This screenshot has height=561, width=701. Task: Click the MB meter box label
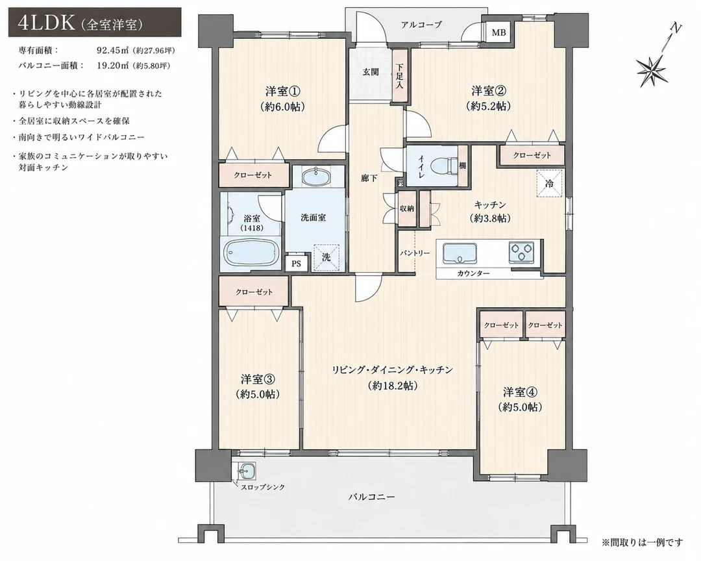[498, 32]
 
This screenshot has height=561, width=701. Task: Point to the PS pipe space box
[296, 264]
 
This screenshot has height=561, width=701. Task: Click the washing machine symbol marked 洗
[326, 257]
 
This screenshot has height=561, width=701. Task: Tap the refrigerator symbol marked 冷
[549, 183]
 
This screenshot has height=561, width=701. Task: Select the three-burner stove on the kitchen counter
[521, 253]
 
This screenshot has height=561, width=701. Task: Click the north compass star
[652, 69]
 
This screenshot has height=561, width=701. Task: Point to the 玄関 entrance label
[371, 71]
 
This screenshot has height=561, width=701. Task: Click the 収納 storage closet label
[407, 208]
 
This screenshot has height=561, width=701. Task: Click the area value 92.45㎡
[113, 51]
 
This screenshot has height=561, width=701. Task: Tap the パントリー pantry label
[414, 253]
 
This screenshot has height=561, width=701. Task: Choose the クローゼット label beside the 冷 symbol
[532, 155]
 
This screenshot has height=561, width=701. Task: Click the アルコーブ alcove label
[421, 25]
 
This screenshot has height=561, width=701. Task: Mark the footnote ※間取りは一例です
[643, 543]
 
